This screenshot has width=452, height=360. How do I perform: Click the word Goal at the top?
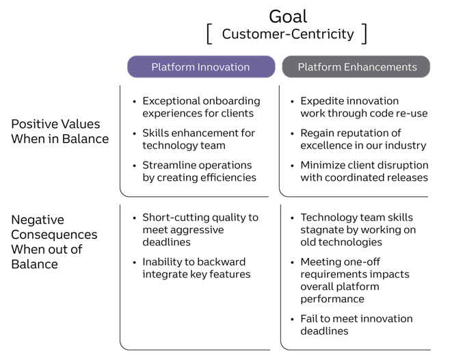pyautogui.click(x=287, y=15)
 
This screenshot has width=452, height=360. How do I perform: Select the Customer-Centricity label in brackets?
pyautogui.click(x=288, y=34)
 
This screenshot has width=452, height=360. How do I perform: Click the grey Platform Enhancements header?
pyautogui.click(x=357, y=67)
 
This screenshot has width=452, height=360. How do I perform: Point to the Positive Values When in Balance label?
pyautogui.click(x=59, y=131)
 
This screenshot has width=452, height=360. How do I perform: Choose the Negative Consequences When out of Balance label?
pyautogui.click(x=54, y=242)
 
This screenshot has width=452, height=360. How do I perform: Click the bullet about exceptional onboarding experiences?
pyautogui.click(x=201, y=107)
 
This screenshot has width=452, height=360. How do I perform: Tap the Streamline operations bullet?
pyautogui.click(x=199, y=171)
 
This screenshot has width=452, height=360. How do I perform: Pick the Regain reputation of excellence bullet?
pyautogui.click(x=363, y=139)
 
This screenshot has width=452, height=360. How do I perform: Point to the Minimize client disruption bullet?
pyautogui.click(x=364, y=171)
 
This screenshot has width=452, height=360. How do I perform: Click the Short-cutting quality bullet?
pyautogui.click(x=200, y=229)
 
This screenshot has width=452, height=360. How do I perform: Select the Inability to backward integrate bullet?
pyautogui.click(x=196, y=268)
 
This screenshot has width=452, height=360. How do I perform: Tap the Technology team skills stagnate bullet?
pyautogui.click(x=358, y=229)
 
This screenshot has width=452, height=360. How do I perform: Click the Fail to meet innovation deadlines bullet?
pyautogui.click(x=356, y=324)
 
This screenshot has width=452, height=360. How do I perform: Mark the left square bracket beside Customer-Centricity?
pyautogui.click(x=209, y=34)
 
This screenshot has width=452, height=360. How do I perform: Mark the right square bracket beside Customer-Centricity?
pyautogui.click(x=364, y=34)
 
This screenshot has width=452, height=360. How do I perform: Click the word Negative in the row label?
pyautogui.click(x=38, y=220)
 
